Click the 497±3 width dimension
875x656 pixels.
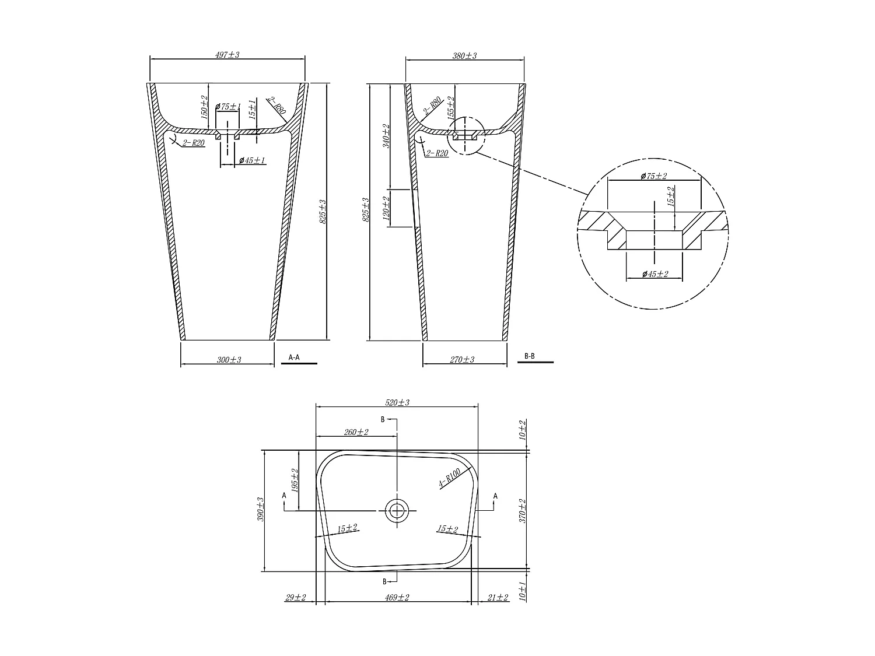pos(228,55)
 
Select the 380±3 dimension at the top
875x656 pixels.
pos(464,56)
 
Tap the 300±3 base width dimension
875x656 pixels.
pos(229,360)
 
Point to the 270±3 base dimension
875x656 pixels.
pos(462,359)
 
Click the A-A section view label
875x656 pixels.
pos(294,357)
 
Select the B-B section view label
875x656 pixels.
pos(529,356)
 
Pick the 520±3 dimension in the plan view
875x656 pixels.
pos(397,403)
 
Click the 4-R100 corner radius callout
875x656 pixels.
pos(450,477)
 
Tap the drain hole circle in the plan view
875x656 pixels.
pos(397,511)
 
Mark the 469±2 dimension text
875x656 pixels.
pos(397,597)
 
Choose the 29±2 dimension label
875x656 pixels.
pos(296,597)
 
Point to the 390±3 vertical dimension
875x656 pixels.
pos(261,510)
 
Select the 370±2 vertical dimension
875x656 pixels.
pos(523,510)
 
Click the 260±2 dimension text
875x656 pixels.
pos(356,432)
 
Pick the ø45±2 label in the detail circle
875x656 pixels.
pos(654,274)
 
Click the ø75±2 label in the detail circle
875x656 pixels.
pos(653,176)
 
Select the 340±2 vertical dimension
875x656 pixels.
pos(386,136)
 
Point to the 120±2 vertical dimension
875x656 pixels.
pos(386,208)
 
